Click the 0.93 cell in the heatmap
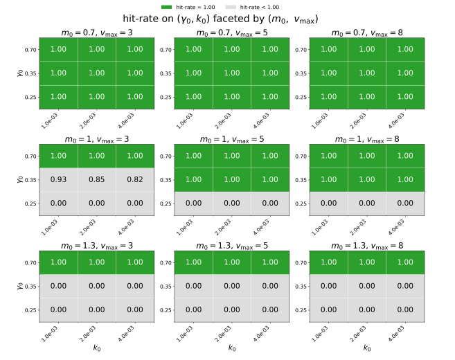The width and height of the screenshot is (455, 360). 58,180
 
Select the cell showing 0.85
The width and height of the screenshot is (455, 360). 97,180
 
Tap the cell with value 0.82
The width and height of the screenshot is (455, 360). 135,180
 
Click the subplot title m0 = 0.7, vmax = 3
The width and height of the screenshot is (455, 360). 97,33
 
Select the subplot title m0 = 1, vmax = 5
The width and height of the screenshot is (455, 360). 231,140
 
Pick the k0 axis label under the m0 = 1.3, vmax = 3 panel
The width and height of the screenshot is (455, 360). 97,348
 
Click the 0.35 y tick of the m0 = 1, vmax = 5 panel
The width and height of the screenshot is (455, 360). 166,180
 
